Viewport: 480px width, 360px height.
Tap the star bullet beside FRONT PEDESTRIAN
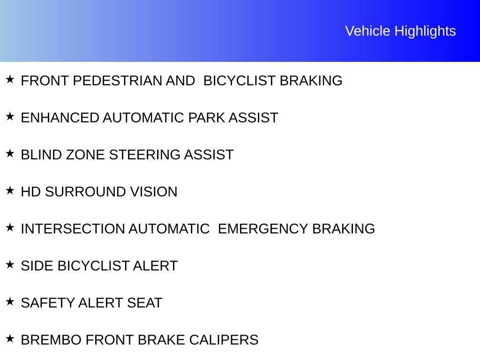[10, 79]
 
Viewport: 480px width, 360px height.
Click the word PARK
[206, 118]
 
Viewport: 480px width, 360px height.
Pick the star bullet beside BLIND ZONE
[10, 153]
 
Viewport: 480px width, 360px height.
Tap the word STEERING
[144, 155]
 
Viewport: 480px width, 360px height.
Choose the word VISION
[154, 192]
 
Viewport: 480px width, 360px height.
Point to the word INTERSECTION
[73, 229]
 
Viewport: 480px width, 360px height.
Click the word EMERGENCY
[263, 229]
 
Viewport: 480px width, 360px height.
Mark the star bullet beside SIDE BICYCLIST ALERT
[10, 264]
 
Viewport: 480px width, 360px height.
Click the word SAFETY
[47, 303]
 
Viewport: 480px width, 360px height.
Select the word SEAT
[144, 303]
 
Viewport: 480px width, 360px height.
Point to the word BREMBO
[51, 340]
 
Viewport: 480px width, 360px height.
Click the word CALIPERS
[224, 340]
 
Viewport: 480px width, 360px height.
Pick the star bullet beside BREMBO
[10, 338]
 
